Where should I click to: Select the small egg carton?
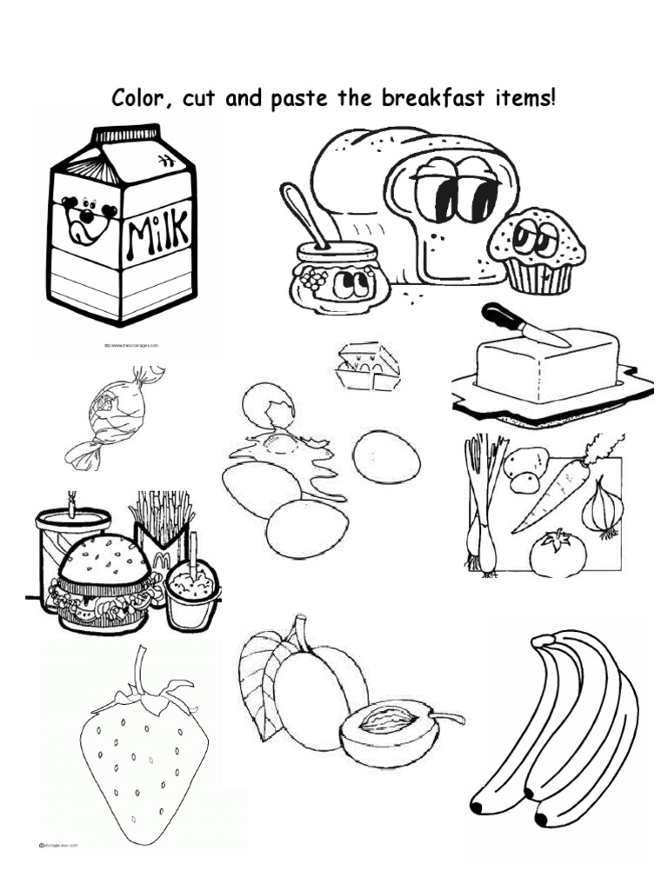pyautogui.click(x=367, y=367)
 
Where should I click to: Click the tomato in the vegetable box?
pyautogui.click(x=558, y=554)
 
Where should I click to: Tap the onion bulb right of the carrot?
pyautogui.click(x=603, y=508)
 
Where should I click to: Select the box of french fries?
pyautogui.click(x=161, y=530)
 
